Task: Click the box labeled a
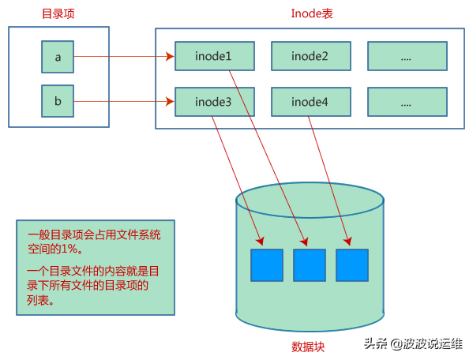58,57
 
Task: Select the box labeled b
58,101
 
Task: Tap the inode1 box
214,56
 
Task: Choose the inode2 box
310,56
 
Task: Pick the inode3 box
214,102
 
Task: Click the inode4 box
310,102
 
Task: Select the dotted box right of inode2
407,56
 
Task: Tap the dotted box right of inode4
407,102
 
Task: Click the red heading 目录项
58,13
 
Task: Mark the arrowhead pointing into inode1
169,57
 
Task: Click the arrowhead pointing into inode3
169,101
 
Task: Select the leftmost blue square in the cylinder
266,265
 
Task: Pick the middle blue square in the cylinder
309,265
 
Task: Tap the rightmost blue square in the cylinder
351,265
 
